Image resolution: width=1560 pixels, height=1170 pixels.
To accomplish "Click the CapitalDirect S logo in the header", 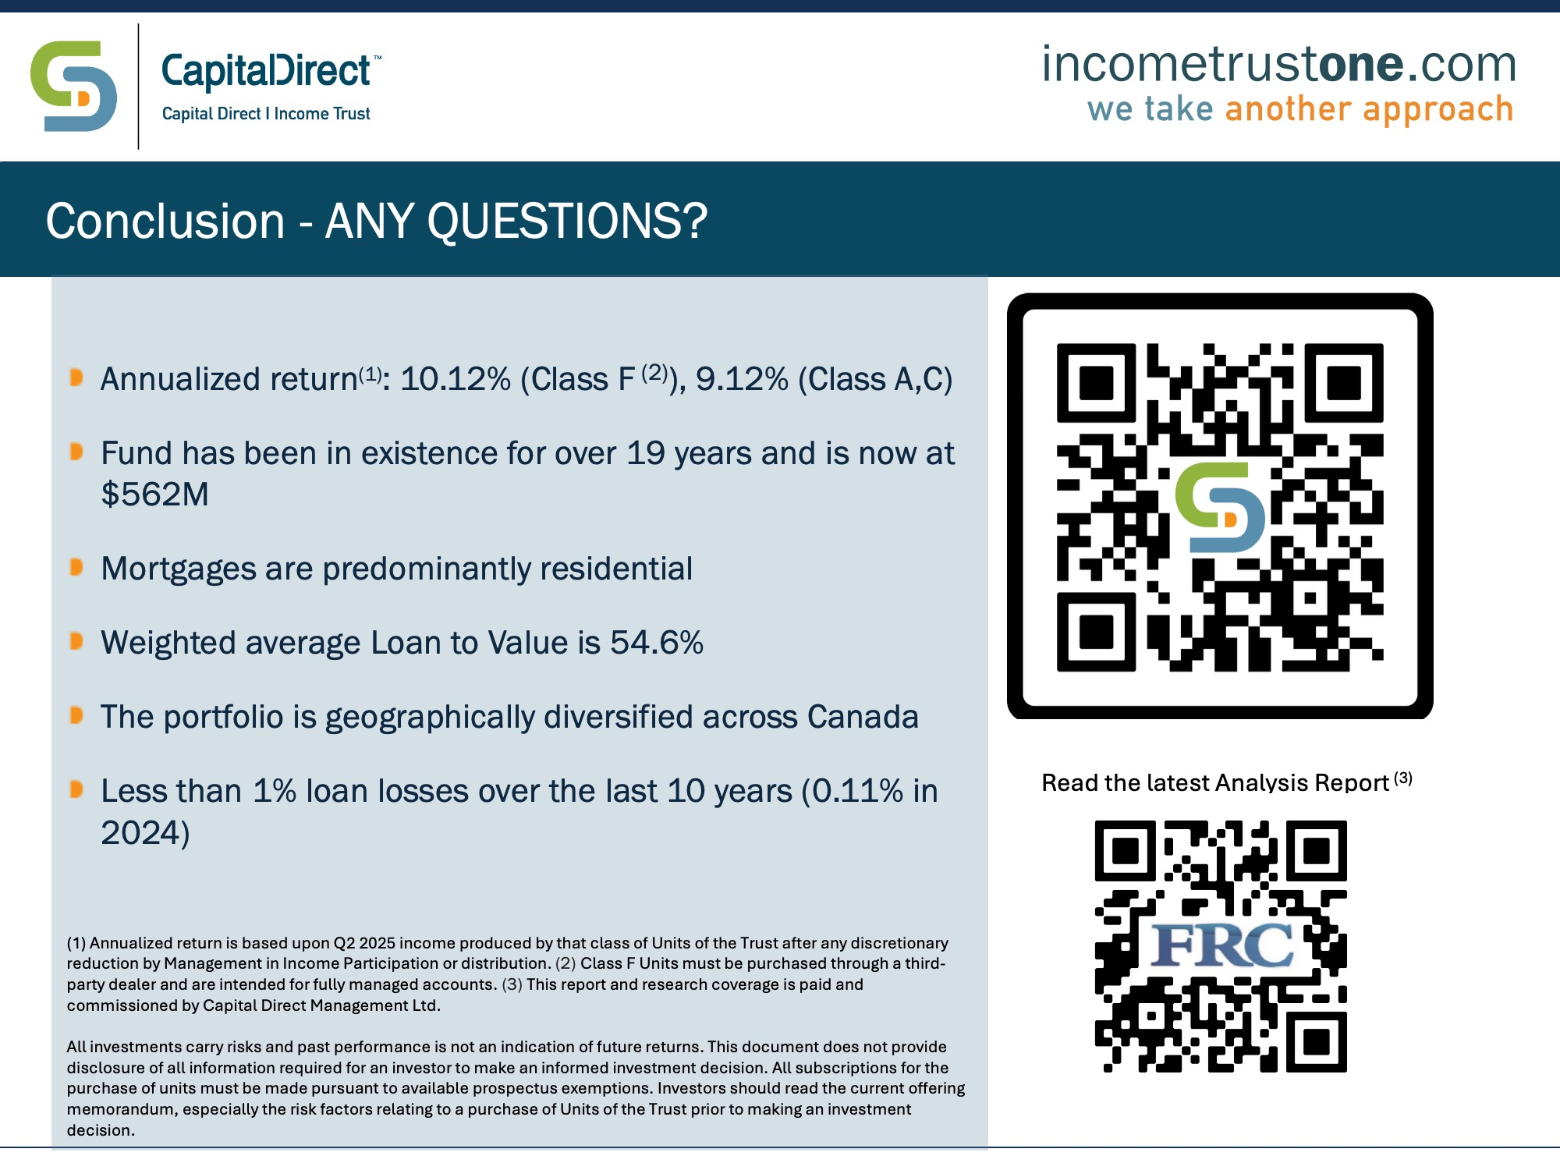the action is point(73,87).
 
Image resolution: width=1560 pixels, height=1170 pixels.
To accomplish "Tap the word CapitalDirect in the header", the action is point(266,71).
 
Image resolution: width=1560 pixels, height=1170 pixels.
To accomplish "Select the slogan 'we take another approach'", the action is point(1300,110).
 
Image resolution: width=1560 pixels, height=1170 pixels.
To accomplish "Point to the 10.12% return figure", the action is point(456,379).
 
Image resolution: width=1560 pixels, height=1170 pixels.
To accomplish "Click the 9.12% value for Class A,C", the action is point(742,379).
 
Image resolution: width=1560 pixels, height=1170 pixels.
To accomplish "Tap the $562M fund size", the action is point(154,494).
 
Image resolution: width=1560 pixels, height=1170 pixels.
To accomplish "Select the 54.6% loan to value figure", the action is point(657,643).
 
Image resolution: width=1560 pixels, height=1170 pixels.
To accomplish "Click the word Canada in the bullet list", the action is point(863,717).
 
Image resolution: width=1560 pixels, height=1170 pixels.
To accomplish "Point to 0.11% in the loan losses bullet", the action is point(858,791).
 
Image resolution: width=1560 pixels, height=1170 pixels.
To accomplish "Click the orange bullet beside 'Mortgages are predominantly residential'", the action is point(76,567).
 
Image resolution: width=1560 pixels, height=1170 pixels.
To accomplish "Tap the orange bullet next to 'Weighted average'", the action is point(76,641).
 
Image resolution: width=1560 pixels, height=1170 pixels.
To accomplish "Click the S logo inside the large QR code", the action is point(1220,507).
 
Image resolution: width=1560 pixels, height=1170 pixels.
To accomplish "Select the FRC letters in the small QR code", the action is point(1221,946).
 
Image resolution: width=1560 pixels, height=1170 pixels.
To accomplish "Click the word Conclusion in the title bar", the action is point(165,221).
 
